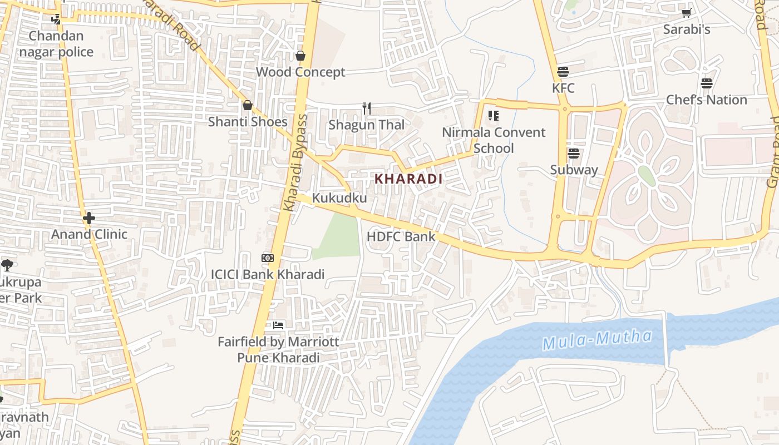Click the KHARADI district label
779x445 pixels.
coord(408,179)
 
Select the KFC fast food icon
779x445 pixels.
coord(563,72)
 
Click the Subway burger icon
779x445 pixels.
coord(574,154)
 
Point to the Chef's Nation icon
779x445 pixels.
coord(707,83)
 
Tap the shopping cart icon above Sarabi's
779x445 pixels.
coord(687,13)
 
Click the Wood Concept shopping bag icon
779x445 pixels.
coord(300,56)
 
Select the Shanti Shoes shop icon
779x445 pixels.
coord(248,105)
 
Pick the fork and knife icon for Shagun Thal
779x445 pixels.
coord(366,108)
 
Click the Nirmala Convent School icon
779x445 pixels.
coord(493,116)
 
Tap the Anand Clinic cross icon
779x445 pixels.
coord(89,218)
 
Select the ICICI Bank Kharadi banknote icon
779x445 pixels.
coord(268,258)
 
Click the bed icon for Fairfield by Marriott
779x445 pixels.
coord(278,325)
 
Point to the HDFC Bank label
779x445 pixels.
coord(401,236)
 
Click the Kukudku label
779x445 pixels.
coord(339,198)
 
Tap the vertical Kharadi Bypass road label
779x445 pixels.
coord(295,162)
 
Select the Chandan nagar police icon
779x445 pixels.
coord(56,19)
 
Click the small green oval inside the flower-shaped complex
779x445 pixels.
coord(646,175)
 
